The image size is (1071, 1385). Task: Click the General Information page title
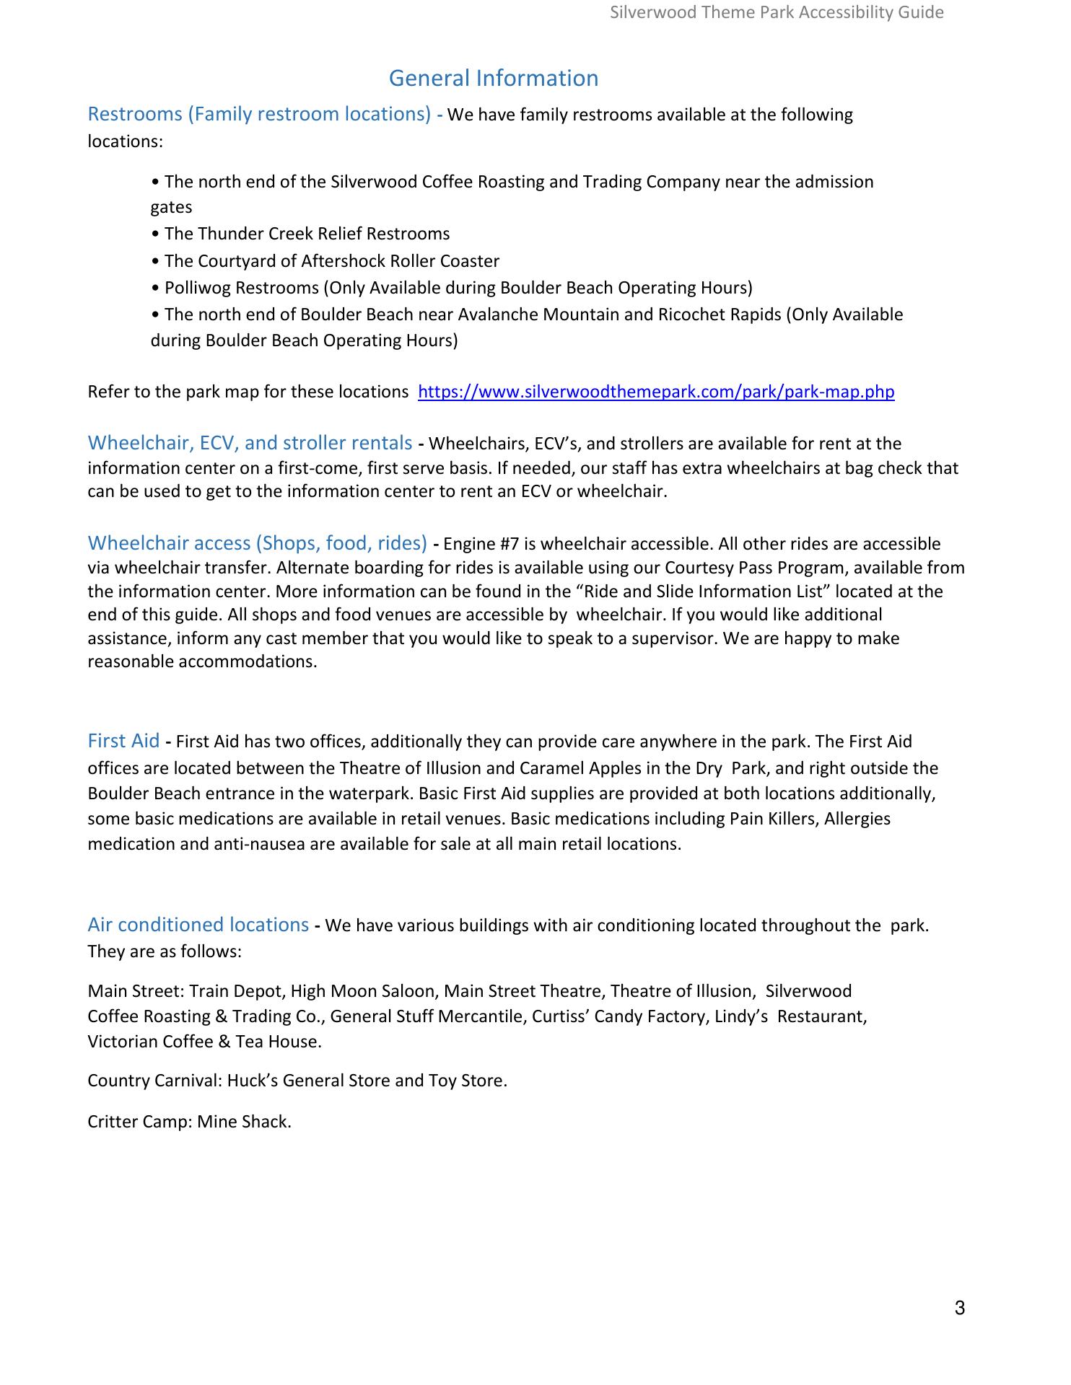(494, 78)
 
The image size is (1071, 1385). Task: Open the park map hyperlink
(656, 392)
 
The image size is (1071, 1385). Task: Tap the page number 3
(959, 1309)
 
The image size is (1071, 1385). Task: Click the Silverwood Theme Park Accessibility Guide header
(777, 12)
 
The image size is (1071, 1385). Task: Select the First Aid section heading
(123, 741)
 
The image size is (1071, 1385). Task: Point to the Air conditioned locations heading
(198, 925)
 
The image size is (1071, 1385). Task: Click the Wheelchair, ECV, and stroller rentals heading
(250, 443)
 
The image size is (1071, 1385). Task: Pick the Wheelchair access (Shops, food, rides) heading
(257, 542)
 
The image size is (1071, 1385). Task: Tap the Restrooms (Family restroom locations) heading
(259, 114)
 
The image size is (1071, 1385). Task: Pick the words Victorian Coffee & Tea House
(204, 1042)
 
